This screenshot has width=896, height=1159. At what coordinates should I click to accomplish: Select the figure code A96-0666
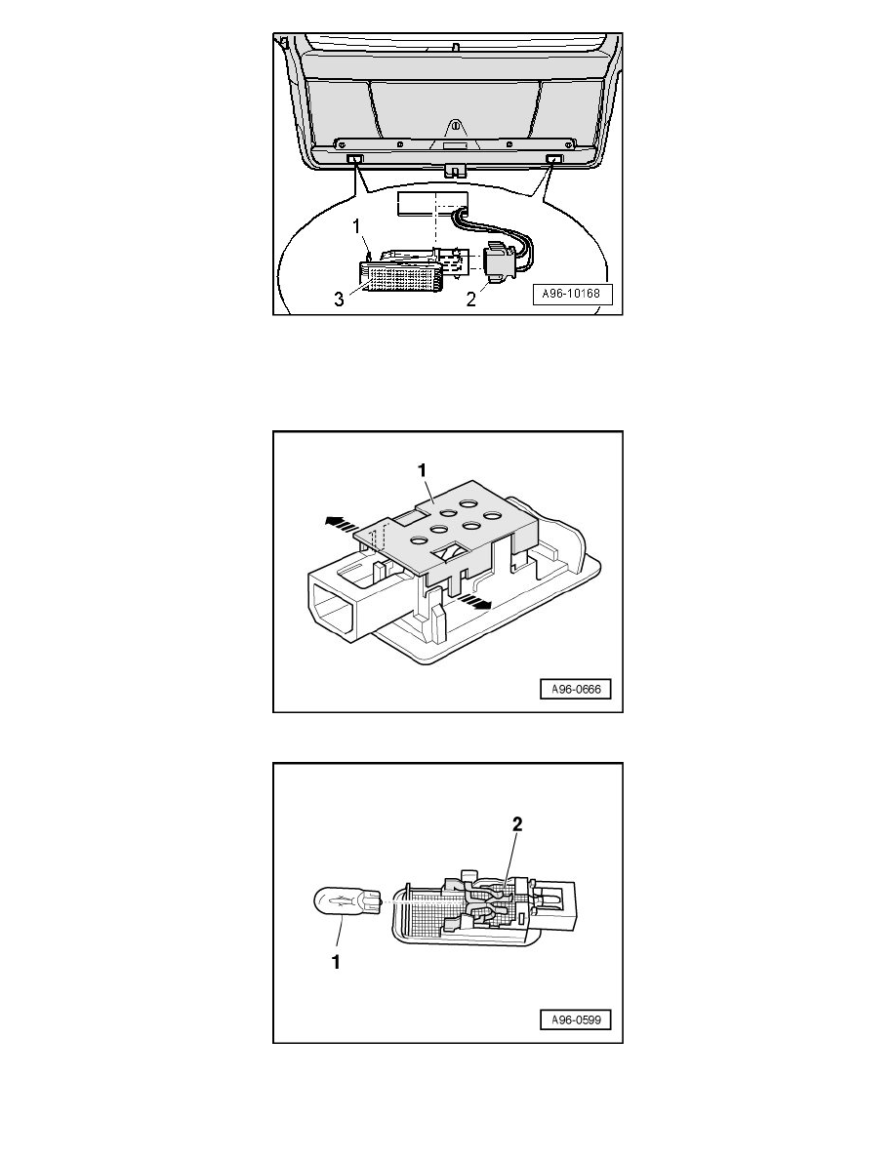point(577,690)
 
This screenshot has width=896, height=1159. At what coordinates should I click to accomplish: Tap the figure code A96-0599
point(577,1020)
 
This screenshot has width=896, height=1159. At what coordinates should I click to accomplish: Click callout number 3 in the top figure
point(339,300)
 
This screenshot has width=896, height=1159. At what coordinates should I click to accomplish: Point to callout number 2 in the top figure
point(470,300)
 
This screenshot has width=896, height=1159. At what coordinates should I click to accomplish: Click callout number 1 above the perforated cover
point(422,470)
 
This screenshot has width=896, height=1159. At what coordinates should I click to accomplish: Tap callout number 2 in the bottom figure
point(517,824)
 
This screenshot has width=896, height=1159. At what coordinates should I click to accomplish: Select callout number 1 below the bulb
point(337,962)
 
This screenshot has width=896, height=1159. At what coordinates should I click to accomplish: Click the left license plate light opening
point(355,158)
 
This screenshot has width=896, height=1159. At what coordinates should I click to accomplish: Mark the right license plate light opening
point(554,158)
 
